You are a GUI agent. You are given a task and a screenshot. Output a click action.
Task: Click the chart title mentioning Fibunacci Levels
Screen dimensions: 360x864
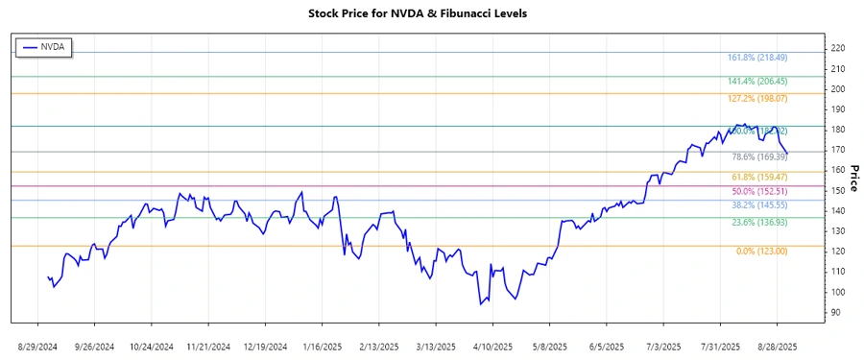(431, 13)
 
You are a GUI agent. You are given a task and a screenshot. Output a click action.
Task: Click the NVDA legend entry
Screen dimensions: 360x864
(43, 46)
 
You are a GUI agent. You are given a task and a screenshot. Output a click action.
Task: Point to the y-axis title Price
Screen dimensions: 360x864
(853, 177)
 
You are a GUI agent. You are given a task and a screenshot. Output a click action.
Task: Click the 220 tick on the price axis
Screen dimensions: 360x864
(838, 48)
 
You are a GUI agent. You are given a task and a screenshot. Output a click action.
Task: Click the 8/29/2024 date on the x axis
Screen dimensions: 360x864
(37, 345)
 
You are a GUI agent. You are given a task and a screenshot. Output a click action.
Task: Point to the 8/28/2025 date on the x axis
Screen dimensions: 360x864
(776, 345)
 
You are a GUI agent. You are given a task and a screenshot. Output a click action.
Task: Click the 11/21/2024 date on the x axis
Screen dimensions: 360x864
(208, 345)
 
